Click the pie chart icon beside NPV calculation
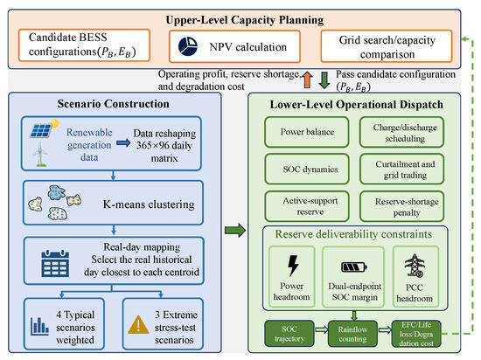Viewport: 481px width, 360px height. (188, 46)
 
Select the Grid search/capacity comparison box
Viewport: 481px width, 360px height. (387, 46)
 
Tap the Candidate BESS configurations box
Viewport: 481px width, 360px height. (84, 45)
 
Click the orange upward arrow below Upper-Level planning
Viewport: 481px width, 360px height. (307, 80)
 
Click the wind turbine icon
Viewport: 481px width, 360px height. (40, 154)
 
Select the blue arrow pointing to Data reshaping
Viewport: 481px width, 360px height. (123, 142)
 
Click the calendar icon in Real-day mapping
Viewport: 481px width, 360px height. (55, 264)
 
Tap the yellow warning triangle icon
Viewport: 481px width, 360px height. (138, 325)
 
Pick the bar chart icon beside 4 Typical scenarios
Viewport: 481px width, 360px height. (39, 326)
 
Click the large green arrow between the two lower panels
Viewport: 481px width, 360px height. (235, 230)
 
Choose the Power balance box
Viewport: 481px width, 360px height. (307, 132)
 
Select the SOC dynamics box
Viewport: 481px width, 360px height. (307, 170)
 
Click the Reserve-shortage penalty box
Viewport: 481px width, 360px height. (402, 206)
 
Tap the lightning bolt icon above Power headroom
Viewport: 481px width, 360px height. (293, 266)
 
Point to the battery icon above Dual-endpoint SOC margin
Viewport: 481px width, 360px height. (354, 267)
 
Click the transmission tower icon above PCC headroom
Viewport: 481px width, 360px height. (415, 266)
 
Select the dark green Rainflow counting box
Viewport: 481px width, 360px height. (352, 334)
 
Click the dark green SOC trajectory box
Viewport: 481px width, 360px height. (289, 334)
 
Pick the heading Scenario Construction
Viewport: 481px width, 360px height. (113, 104)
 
